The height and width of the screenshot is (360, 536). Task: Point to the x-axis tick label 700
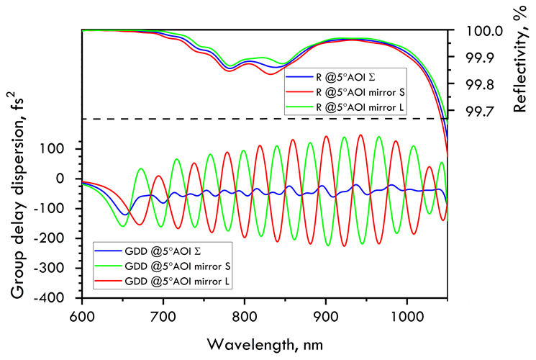163,315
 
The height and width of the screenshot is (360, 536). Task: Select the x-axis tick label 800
244,315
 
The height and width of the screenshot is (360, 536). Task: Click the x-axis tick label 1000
406,315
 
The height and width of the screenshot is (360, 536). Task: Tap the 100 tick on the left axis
63,148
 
